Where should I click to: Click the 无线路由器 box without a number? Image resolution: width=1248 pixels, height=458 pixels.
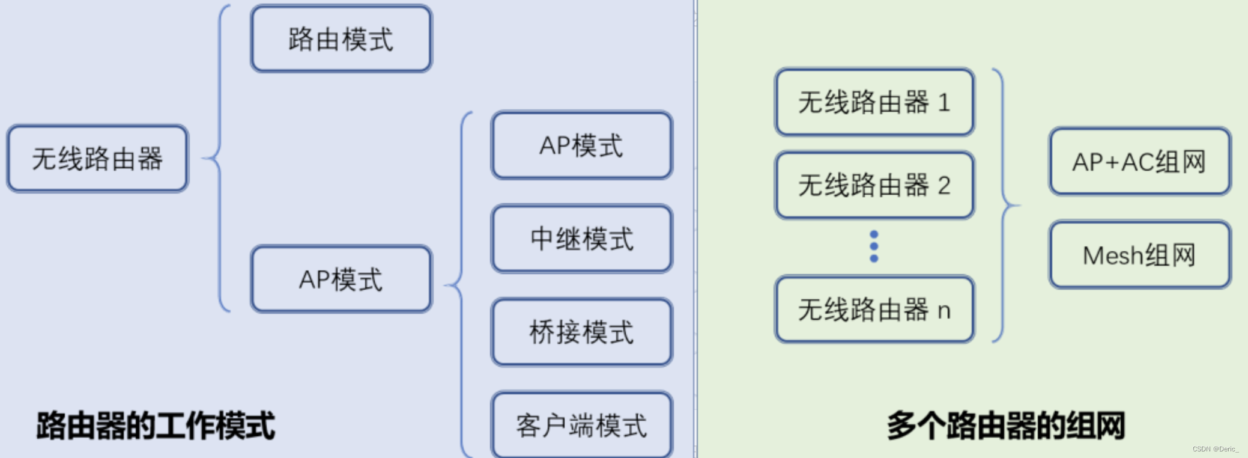pos(97,159)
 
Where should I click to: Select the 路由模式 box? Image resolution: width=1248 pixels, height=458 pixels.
pos(341,39)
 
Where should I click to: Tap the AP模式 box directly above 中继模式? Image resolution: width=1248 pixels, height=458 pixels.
pos(581,145)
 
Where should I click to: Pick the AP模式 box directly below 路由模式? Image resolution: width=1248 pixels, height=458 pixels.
pos(341,279)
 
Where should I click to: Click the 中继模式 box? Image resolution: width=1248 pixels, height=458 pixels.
pos(581,239)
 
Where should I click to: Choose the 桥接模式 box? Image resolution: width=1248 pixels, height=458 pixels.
pos(581,332)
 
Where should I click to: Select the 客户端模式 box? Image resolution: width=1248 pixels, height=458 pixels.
pos(581,425)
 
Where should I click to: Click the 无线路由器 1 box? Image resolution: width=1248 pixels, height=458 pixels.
pos(874,102)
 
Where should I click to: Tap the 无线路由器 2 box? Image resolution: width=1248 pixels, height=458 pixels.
pos(874,185)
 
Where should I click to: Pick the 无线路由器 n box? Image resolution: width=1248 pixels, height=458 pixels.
pos(874,310)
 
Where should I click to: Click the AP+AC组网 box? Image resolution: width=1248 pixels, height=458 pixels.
pos(1139,162)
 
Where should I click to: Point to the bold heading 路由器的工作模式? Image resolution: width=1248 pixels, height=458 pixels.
pos(156,426)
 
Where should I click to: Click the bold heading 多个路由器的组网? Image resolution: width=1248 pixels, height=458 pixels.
pos(1005,426)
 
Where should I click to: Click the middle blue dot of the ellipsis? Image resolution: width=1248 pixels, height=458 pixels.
pos(874,246)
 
